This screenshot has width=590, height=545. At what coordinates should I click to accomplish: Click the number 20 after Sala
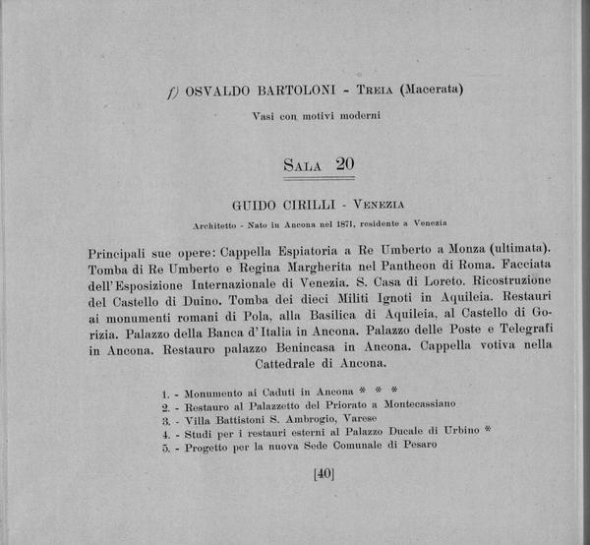pyautogui.click(x=344, y=164)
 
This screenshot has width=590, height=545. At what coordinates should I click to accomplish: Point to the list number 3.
pyautogui.click(x=166, y=417)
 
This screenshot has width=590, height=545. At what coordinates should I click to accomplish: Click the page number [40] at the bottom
pyautogui.click(x=324, y=473)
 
